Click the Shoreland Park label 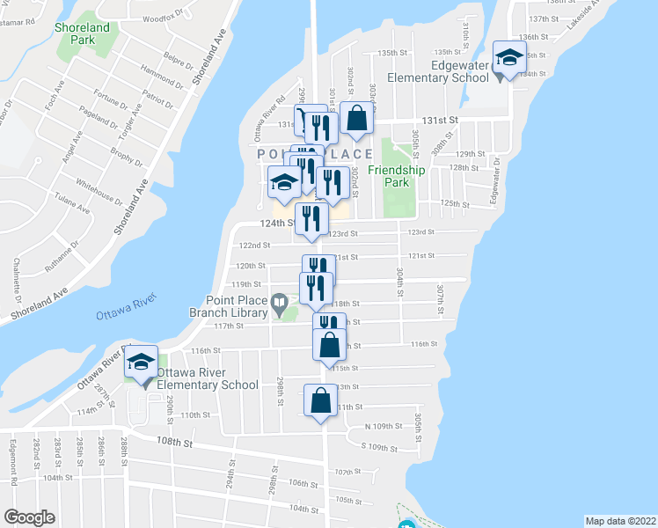(82, 33)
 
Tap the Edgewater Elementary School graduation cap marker (508, 58)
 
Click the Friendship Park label (390, 176)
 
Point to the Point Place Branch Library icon (279, 304)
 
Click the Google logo (29, 517)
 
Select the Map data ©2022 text (620, 520)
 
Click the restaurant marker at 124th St (311, 217)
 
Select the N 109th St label (388, 426)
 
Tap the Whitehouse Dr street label (99, 185)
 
